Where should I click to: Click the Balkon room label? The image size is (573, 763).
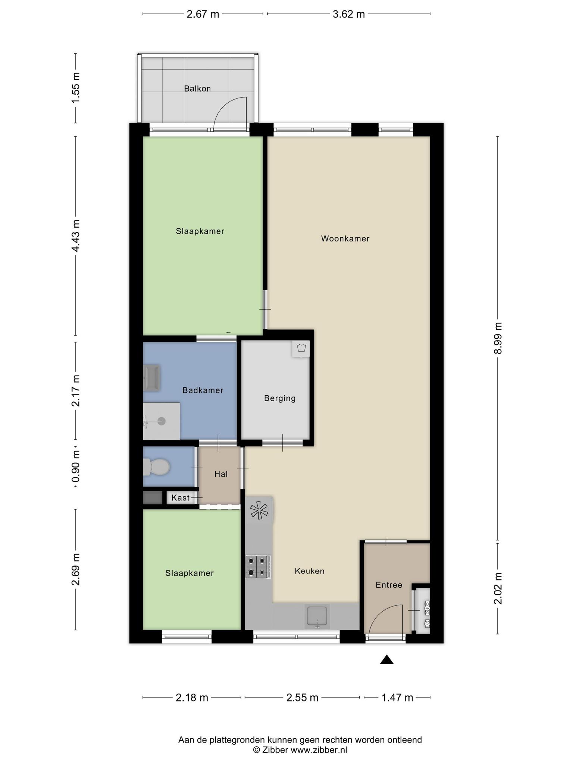197,89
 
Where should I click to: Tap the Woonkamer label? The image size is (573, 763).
345,238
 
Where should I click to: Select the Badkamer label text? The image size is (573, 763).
203,390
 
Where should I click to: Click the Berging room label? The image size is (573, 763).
280,399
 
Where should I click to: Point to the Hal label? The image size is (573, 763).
221,474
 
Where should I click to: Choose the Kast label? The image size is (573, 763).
181,498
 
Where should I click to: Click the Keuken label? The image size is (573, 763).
310,571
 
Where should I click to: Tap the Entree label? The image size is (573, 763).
389,585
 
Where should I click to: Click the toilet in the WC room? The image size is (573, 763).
156,467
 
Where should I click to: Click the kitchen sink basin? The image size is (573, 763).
317,616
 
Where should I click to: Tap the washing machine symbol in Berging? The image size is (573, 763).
301,349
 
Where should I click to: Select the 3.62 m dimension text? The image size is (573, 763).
348,14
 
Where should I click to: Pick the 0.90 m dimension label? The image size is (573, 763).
76,466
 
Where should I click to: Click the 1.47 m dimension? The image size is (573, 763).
397,697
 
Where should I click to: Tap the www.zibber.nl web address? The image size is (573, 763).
319,750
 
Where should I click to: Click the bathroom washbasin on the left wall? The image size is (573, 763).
152,378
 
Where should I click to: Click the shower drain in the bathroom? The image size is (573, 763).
162,421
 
